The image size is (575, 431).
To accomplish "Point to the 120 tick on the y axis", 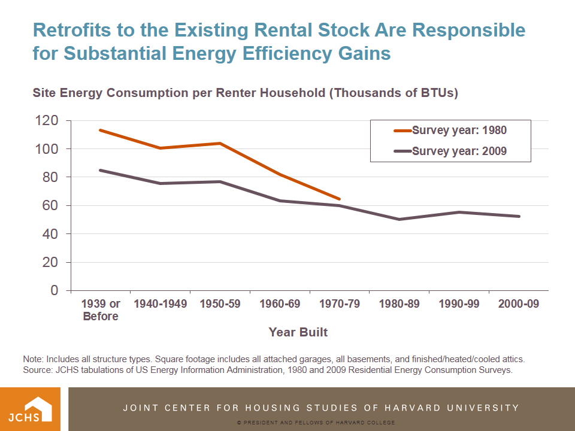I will (x=46, y=121).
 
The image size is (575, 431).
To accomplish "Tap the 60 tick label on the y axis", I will (x=50, y=206).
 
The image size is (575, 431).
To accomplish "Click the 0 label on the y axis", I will (x=55, y=291).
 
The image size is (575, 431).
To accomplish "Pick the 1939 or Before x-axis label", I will (x=101, y=309).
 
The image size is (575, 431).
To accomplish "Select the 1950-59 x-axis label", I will (x=220, y=304).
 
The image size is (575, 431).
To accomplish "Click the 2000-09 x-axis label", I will (x=519, y=304).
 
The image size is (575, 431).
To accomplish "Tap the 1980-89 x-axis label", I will (x=399, y=304).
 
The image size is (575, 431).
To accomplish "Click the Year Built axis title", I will (x=298, y=332).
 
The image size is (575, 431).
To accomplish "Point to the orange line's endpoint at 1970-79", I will (x=340, y=199).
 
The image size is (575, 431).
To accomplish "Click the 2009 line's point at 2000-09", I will (x=519, y=216).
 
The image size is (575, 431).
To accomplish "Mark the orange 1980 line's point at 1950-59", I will (x=220, y=143).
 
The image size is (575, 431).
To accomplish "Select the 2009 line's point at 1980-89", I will (x=399, y=219).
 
